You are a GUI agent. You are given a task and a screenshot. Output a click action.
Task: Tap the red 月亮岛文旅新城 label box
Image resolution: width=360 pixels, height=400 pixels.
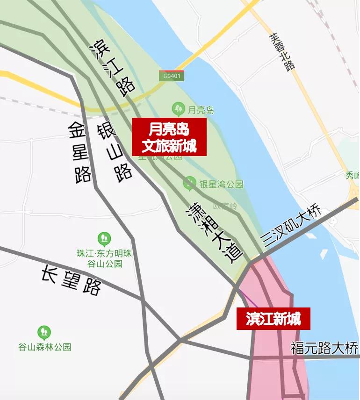(168, 136)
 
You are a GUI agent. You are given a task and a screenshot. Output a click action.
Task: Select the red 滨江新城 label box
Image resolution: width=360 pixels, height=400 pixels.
(273, 319)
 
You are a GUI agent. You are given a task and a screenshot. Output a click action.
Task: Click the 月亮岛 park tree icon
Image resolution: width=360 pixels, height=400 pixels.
(178, 109)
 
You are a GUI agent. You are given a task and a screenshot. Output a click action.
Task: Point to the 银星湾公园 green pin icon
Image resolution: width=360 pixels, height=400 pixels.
(189, 183)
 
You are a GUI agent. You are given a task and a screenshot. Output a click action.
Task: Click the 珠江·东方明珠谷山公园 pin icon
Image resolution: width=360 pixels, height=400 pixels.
(104, 240)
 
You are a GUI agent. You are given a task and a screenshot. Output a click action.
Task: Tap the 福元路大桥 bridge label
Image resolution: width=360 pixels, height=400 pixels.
(324, 348)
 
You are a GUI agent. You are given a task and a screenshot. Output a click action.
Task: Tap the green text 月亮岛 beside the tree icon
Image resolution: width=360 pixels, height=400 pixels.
(201, 110)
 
